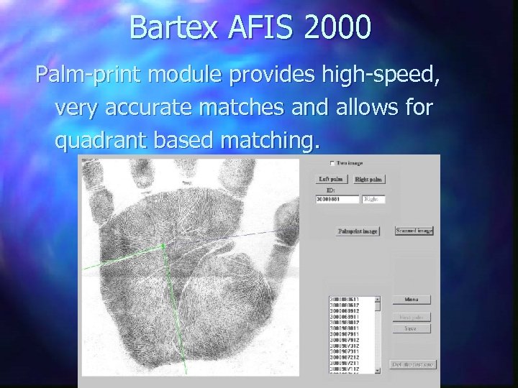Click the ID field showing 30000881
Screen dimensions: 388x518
pyautogui.click(x=337, y=199)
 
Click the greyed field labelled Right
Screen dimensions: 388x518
pyautogui.click(x=373, y=199)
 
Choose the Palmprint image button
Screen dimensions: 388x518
pyautogui.click(x=358, y=231)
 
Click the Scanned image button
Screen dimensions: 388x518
pyautogui.click(x=414, y=231)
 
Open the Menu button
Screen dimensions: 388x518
pyautogui.click(x=412, y=300)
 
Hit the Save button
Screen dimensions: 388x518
pyautogui.click(x=411, y=328)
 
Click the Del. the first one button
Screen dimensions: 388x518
pyautogui.click(x=412, y=364)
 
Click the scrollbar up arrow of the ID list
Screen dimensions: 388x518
pyautogui.click(x=376, y=298)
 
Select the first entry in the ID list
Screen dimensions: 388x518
pyautogui.click(x=346, y=298)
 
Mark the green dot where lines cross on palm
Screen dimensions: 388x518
pyautogui.click(x=164, y=246)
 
